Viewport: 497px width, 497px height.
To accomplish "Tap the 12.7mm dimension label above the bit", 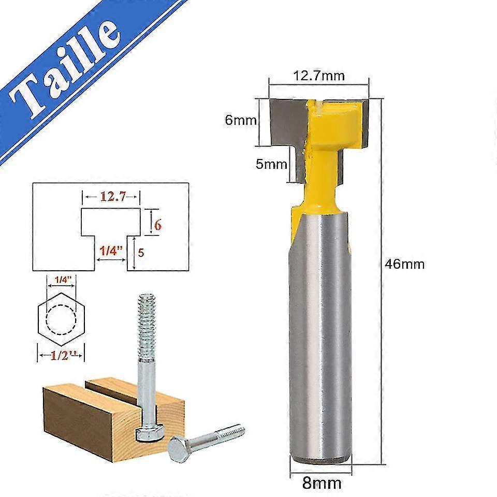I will click(x=318, y=76).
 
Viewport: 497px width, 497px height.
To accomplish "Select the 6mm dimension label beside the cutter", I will click(x=241, y=120).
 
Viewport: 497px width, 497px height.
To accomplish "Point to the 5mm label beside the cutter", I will click(x=271, y=165).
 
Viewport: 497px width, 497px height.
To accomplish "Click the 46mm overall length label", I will click(x=405, y=264).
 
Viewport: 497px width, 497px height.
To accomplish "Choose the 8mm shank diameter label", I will click(x=321, y=484).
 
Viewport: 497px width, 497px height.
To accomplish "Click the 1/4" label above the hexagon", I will click(x=61, y=279).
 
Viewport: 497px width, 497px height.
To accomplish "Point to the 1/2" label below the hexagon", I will click(x=61, y=356).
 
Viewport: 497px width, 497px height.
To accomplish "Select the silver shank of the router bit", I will click(x=321, y=337).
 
